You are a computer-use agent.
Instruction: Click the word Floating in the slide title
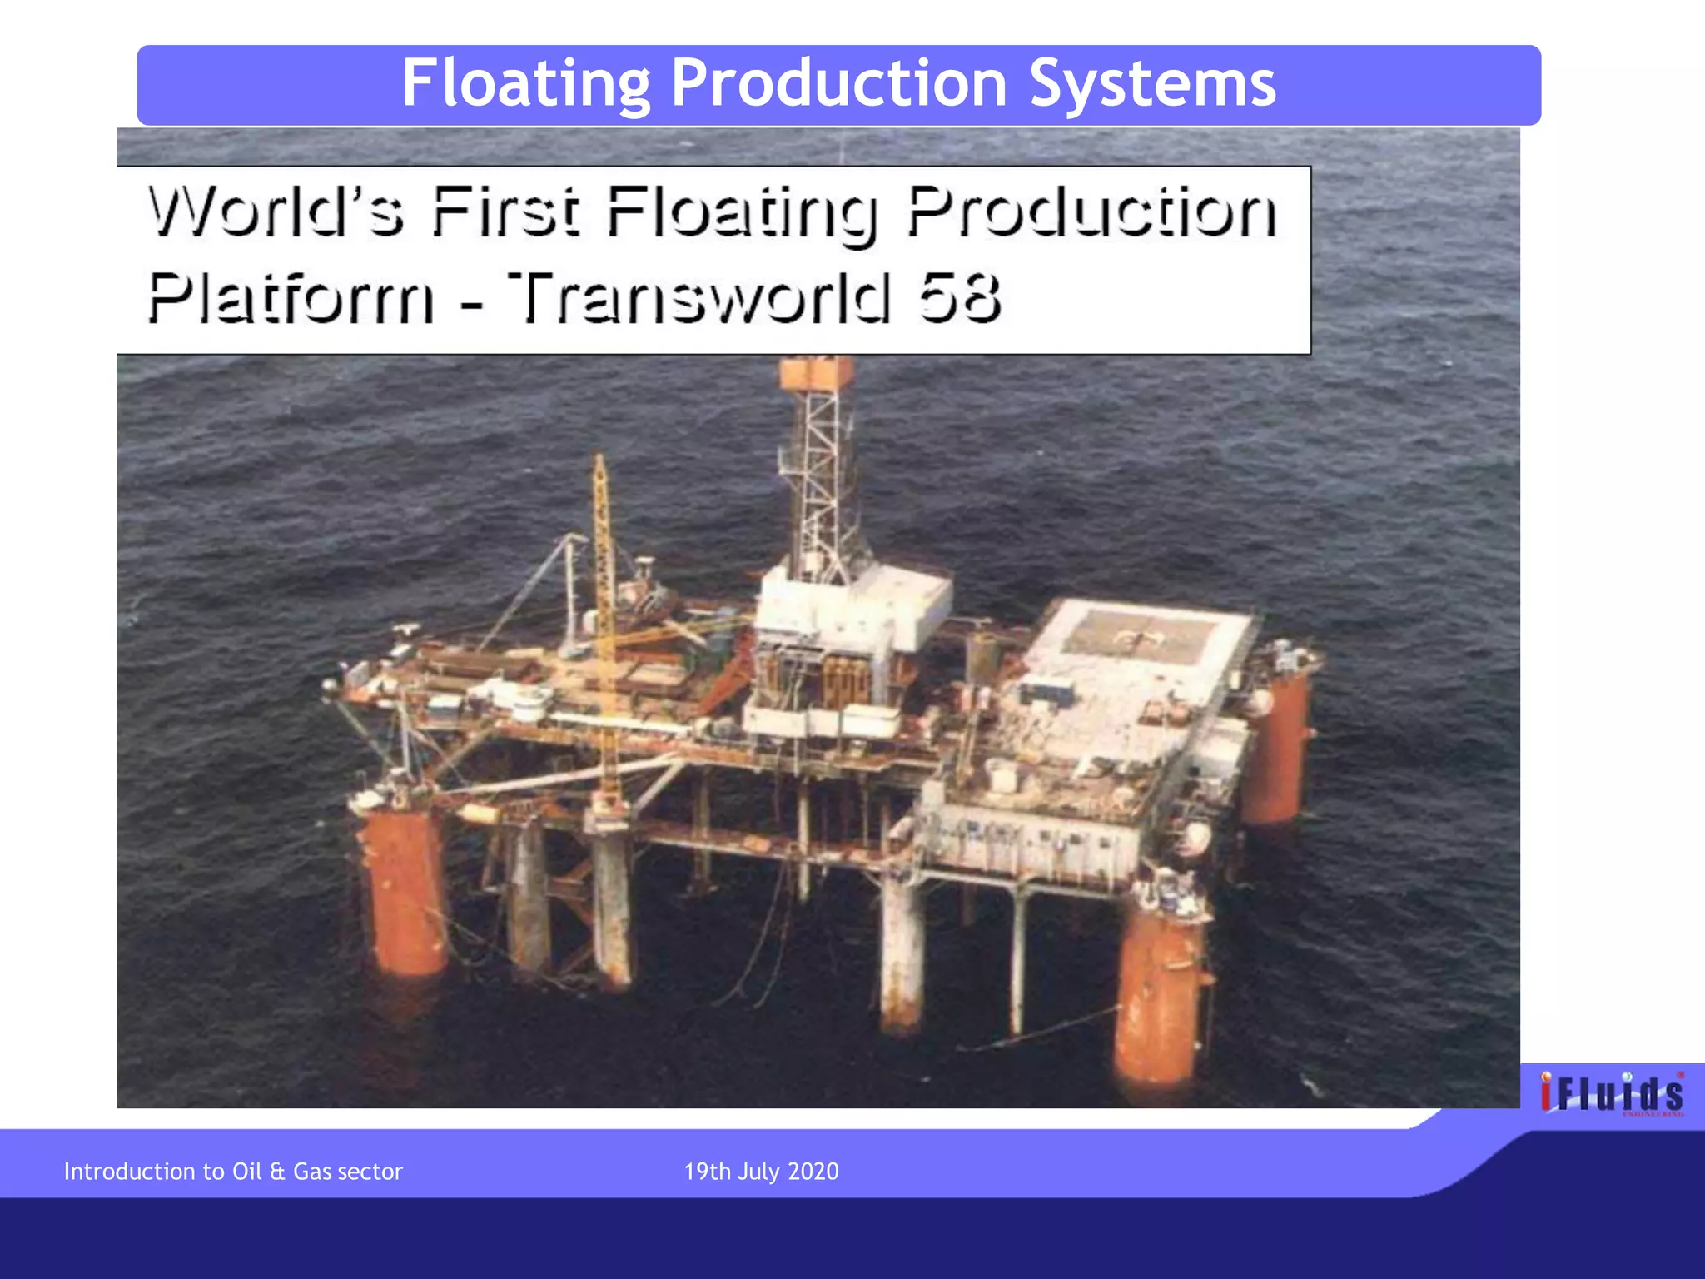(x=525, y=84)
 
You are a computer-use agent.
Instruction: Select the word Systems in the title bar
(x=1152, y=84)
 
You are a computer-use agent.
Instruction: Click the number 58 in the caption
(x=959, y=297)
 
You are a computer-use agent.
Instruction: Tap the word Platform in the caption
(x=291, y=297)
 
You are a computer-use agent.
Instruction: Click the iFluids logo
(x=1611, y=1092)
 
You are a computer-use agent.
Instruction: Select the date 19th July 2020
(x=761, y=1172)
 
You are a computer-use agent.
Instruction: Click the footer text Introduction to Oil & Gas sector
(x=233, y=1172)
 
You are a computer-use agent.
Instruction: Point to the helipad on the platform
(x=1136, y=637)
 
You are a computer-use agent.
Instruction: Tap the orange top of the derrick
(x=817, y=373)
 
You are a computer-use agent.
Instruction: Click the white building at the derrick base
(x=853, y=608)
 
